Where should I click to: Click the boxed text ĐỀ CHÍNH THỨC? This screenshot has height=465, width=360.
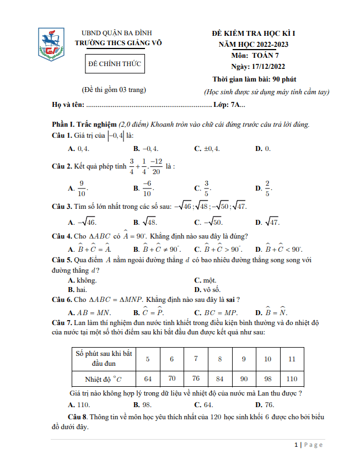(x=115, y=64)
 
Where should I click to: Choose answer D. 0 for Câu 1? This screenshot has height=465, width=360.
(x=262, y=149)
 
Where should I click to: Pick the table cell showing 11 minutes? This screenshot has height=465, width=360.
(x=292, y=359)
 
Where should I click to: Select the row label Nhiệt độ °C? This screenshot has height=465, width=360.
(x=104, y=379)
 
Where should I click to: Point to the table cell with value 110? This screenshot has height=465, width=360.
(x=292, y=379)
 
